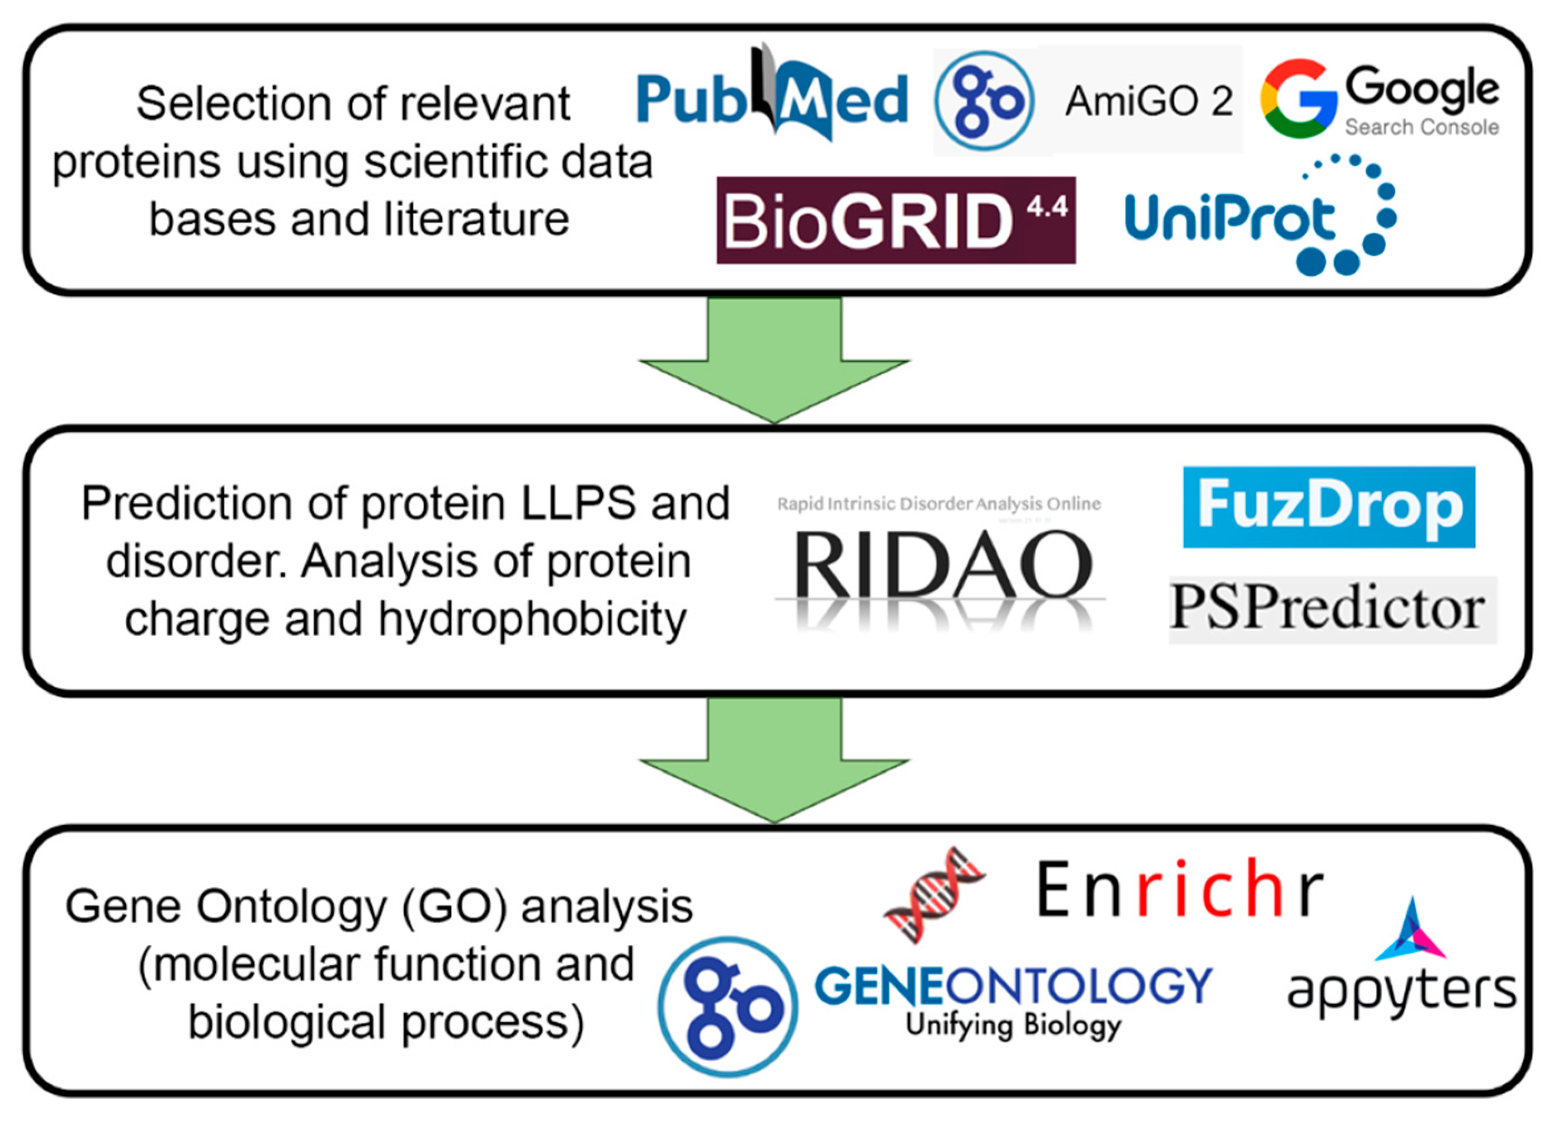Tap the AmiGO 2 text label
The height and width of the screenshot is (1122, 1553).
click(x=1148, y=101)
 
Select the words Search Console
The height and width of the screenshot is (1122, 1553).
click(x=1422, y=127)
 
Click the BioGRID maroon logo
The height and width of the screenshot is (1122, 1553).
click(x=896, y=221)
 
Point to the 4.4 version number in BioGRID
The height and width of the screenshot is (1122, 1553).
click(x=1047, y=206)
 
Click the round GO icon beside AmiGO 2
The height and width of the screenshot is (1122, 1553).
click(x=985, y=101)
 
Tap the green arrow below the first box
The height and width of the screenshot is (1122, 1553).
click(x=774, y=363)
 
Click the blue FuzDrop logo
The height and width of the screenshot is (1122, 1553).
click(x=1328, y=507)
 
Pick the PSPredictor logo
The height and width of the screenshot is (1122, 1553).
click(x=1332, y=609)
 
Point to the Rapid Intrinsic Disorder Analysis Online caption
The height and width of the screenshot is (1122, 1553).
click(x=939, y=505)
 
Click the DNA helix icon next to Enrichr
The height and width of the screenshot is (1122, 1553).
click(x=934, y=894)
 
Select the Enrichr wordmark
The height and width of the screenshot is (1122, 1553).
click(x=1179, y=890)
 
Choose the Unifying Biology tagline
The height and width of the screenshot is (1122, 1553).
click(x=1014, y=1025)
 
